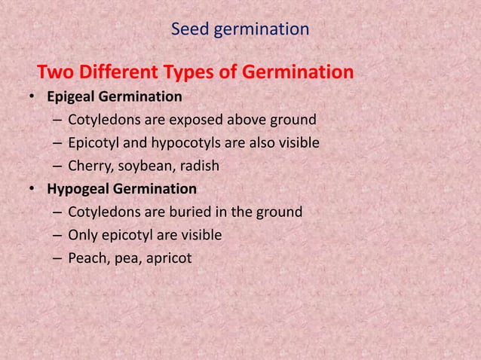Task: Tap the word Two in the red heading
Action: [x=54, y=73]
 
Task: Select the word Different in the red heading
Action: [x=113, y=73]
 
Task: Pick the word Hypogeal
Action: [x=78, y=189]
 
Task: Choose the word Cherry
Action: [x=89, y=166]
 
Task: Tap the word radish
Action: [x=191, y=166]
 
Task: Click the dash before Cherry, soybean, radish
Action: [x=58, y=166]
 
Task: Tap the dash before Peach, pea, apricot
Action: [x=58, y=258]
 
